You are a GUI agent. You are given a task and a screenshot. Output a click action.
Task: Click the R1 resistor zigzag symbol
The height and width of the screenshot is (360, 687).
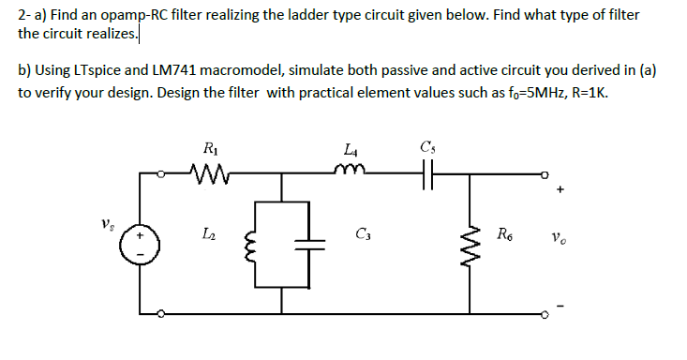click(209, 172)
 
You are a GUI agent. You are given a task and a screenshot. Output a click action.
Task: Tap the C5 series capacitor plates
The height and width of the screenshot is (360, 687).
click(430, 172)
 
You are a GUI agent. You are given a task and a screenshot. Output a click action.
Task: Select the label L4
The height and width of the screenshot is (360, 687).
click(351, 148)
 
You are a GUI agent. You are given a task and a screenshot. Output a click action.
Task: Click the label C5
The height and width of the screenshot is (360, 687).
click(429, 147)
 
